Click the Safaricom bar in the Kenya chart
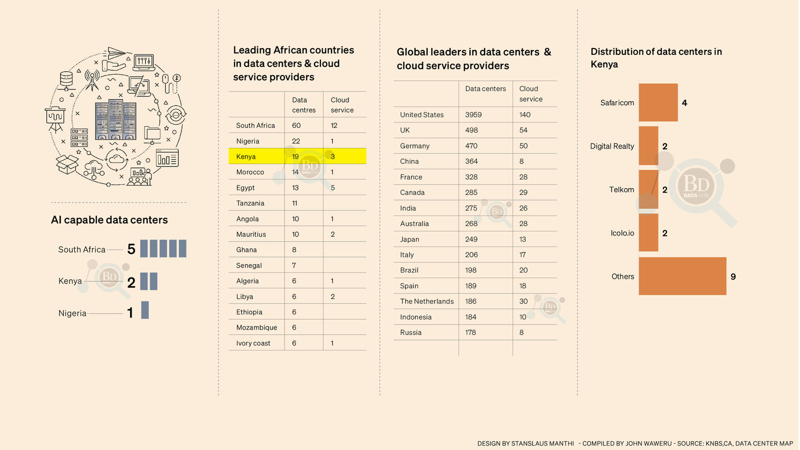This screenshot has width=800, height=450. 658,102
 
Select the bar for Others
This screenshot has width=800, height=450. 682,276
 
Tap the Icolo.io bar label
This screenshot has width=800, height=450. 622,233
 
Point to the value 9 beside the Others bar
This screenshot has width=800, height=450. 733,276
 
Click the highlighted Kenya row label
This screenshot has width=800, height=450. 246,156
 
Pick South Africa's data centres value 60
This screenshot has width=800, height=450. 296,125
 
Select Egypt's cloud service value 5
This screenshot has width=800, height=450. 332,188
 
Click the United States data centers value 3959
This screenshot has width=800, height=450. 473,114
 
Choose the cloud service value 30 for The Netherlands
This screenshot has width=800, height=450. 523,301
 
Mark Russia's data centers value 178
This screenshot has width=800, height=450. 470,332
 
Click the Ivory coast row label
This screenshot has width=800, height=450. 253,343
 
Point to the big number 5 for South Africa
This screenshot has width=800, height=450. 131,249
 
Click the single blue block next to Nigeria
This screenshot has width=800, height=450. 145,310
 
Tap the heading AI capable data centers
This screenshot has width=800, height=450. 109,220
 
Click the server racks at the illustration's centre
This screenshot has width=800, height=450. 115,120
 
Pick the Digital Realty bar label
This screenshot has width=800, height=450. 612,146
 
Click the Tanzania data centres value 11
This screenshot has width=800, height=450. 295,203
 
